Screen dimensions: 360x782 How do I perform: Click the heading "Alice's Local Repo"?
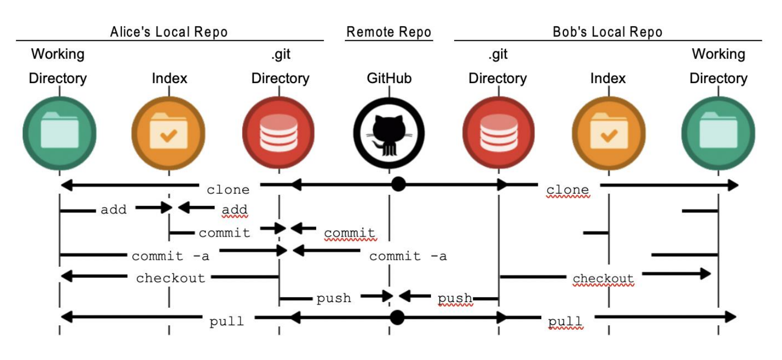coord(169,32)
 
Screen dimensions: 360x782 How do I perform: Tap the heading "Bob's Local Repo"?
coord(607,32)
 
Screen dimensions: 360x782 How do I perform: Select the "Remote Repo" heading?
coord(389,32)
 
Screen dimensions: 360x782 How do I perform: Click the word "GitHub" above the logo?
coord(389,79)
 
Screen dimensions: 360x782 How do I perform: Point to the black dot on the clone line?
coord(398,184)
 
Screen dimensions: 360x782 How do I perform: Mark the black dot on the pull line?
coord(397,317)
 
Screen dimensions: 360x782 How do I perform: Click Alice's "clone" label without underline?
coord(228,190)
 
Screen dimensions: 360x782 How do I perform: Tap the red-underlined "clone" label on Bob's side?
coord(567,190)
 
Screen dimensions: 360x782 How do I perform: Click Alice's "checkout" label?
coord(171,278)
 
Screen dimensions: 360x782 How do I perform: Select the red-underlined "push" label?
coord(455,299)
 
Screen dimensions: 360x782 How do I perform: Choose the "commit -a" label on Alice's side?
coord(171,256)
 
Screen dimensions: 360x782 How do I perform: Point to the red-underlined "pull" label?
coord(565,321)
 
